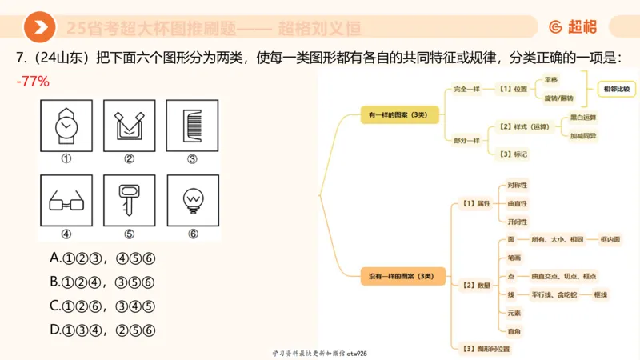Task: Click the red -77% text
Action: coord(33,81)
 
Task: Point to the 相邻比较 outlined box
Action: coord(616,89)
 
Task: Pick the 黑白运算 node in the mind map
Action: coord(582,118)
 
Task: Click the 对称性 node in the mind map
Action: coord(517,186)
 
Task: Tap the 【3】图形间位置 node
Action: coord(486,348)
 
